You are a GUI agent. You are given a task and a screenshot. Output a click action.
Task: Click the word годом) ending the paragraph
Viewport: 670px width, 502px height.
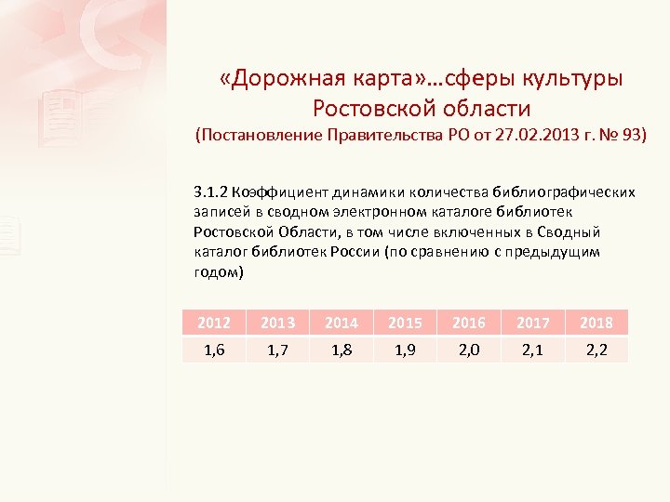[219, 272]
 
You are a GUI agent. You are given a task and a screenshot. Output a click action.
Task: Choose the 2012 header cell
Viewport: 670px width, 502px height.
[214, 323]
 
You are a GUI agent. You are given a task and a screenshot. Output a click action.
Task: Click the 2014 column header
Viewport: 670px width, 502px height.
[341, 323]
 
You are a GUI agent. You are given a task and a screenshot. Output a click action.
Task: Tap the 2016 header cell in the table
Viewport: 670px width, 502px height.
[468, 323]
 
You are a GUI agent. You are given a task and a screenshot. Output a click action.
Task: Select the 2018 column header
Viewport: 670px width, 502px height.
[596, 323]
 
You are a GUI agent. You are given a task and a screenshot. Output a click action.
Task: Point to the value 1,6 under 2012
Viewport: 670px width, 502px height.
[214, 350]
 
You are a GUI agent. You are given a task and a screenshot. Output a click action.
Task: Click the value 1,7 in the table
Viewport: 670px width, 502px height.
[277, 350]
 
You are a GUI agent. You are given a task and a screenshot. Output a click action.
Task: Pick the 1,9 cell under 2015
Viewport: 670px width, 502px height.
[405, 350]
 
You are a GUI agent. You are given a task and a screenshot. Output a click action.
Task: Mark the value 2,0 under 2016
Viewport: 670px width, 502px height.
[468, 350]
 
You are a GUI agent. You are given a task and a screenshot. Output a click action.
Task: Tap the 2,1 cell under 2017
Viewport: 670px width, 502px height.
[532, 350]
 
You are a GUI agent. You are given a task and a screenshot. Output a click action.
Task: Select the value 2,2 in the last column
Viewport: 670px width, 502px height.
[596, 350]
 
